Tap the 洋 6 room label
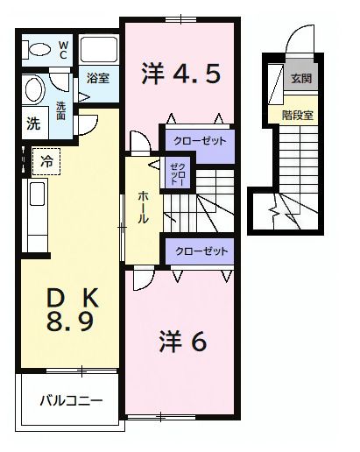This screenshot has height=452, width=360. coord(183,340)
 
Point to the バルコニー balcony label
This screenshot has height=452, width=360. coord(70,402)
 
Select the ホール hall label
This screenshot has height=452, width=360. coord(143,207)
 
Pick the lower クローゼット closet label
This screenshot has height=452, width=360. coord(201,251)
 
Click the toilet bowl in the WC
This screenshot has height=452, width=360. coord(37,50)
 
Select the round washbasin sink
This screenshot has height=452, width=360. coord(34,90)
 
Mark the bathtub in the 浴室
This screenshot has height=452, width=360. coord(98,51)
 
